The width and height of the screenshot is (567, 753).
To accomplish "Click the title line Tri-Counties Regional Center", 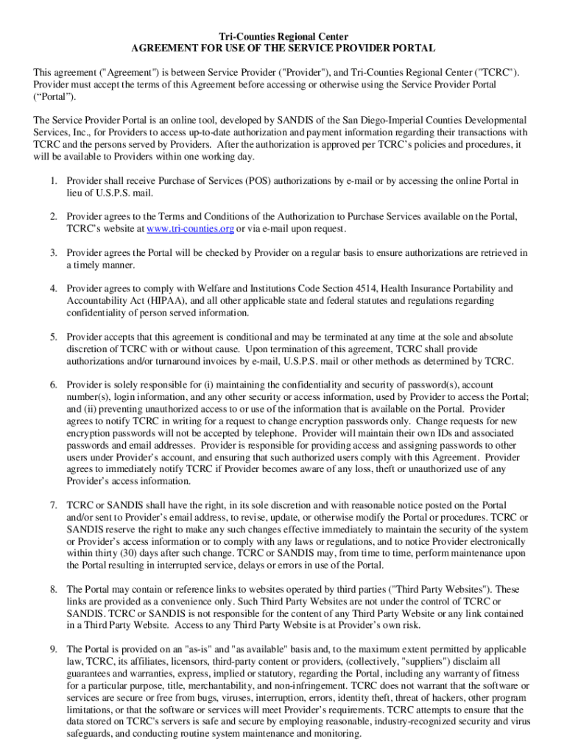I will coord(283,37).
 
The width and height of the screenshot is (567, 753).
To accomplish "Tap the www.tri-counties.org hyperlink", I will coord(191,229).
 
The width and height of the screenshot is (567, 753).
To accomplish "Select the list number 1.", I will coord(54,181).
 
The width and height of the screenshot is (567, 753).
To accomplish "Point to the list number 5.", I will coord(54,338).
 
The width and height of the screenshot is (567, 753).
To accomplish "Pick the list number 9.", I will coord(54,650).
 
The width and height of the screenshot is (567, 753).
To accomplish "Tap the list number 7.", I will coord(54,506).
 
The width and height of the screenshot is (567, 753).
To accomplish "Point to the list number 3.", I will coord(54,253).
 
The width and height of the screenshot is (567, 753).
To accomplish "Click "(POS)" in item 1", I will coord(256,181).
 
